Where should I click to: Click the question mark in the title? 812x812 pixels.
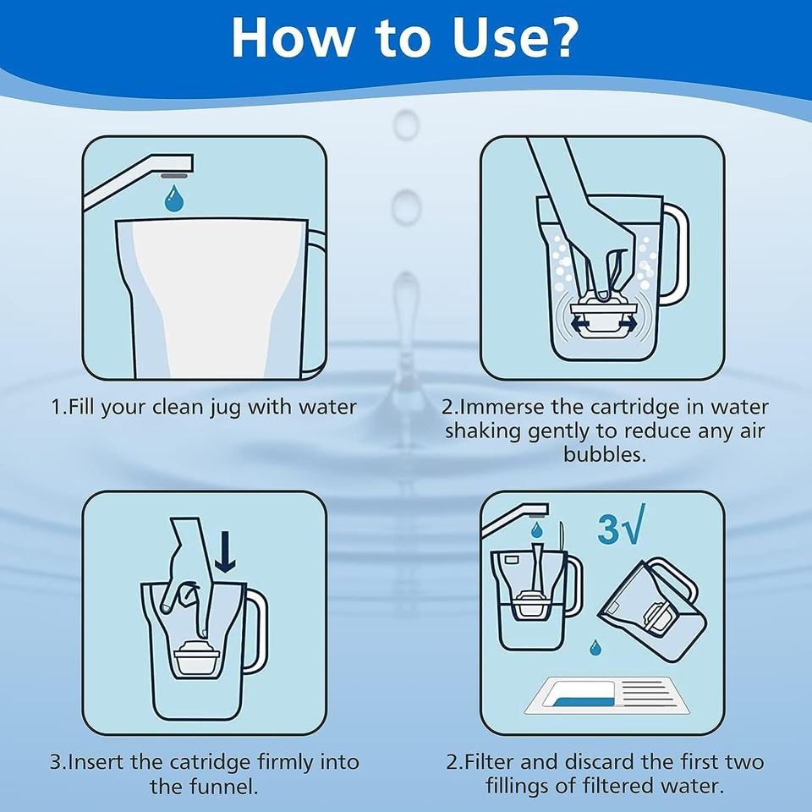pyautogui.click(x=558, y=38)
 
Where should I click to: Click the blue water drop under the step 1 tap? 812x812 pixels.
pyautogui.click(x=174, y=199)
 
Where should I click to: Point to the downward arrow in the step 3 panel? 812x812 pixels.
pyautogui.click(x=225, y=551)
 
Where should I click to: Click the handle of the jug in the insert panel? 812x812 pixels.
pyautogui.click(x=255, y=630)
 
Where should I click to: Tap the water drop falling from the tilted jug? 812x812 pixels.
pyautogui.click(x=595, y=647)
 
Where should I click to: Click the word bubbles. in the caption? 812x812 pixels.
pyautogui.click(x=605, y=454)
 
